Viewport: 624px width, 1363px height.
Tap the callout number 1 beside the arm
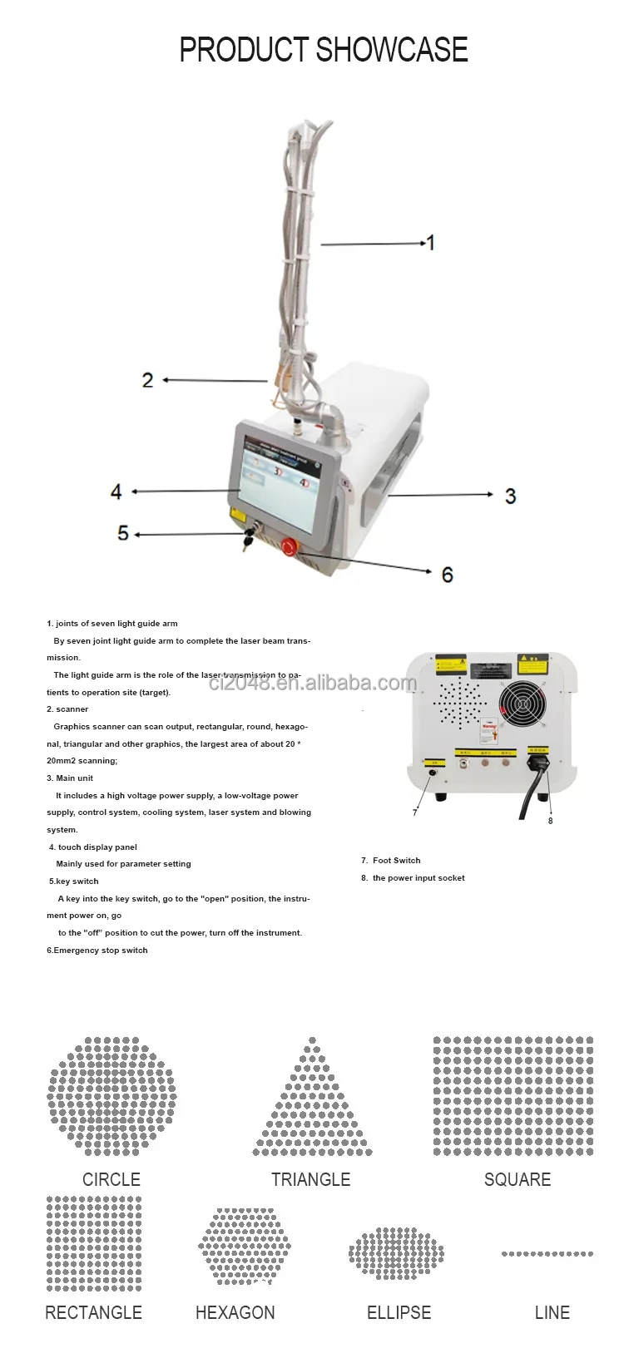[431, 243]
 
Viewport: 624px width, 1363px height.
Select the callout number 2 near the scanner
[147, 380]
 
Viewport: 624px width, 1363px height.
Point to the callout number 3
[510, 496]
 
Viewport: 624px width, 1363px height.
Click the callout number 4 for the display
[116, 491]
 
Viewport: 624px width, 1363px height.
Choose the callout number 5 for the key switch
[123, 533]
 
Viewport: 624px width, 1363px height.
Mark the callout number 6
[447, 575]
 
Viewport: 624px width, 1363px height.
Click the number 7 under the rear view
[414, 812]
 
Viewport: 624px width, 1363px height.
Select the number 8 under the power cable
[550, 821]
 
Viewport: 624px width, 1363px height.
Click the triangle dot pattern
[312, 1102]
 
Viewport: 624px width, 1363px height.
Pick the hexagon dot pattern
[245, 1246]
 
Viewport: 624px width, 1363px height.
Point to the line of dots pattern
[547, 1253]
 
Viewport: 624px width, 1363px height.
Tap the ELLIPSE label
[399, 1312]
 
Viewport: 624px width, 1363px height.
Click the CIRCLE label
[111, 1179]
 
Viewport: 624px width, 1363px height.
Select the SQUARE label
[517, 1179]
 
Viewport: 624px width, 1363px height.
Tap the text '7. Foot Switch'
[391, 861]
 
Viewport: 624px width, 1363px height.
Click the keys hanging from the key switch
[247, 541]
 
